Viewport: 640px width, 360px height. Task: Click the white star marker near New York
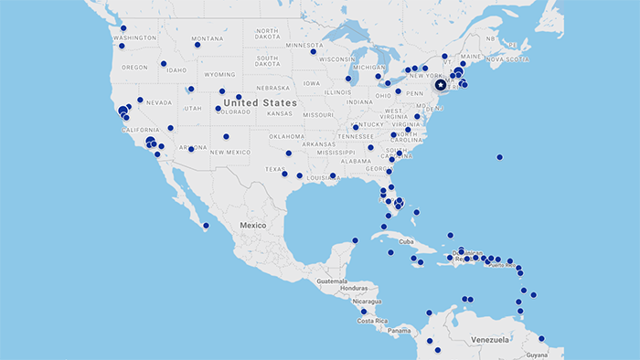tap(441, 85)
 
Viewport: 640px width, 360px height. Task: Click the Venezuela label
tap(490, 339)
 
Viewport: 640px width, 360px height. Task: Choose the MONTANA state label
tap(208, 38)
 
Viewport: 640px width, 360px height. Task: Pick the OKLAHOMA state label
tap(286, 135)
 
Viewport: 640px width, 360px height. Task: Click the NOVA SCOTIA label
tap(507, 59)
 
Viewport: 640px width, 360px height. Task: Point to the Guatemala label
tap(334, 281)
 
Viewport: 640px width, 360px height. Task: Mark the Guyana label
tap(537, 354)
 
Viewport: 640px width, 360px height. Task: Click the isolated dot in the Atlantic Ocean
tap(499, 157)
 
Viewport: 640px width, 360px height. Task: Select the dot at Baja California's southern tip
tap(206, 226)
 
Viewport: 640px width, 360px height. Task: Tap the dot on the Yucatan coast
tap(355, 241)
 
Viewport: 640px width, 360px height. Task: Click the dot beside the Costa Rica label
tap(364, 312)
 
